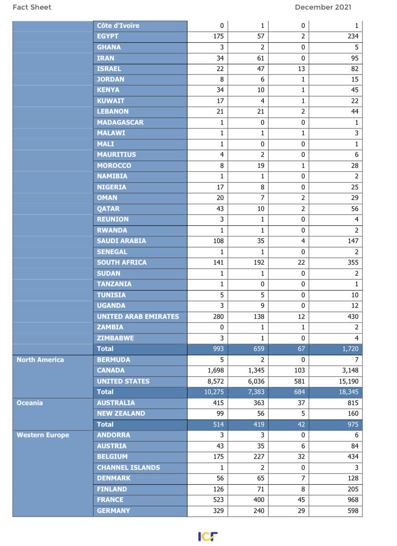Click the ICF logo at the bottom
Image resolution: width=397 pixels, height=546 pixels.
coord(208,536)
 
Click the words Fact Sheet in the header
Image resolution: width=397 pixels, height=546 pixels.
coord(32,7)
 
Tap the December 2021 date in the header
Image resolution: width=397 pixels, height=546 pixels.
coord(323,7)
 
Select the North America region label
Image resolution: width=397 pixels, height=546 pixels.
coord(40,360)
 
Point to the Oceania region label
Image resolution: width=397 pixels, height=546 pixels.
coord(30,403)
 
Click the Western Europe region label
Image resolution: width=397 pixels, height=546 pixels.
coord(43,435)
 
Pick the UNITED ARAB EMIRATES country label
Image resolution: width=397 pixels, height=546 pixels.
coord(138,316)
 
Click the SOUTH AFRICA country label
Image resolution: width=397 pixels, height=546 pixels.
coord(122,263)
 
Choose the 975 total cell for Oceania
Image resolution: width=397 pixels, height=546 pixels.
coord(352,424)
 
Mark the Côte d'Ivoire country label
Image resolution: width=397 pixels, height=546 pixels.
coord(118,25)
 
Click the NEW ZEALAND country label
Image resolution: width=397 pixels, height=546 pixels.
coord(121,413)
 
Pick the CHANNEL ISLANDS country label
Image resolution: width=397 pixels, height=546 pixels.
coord(128,467)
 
